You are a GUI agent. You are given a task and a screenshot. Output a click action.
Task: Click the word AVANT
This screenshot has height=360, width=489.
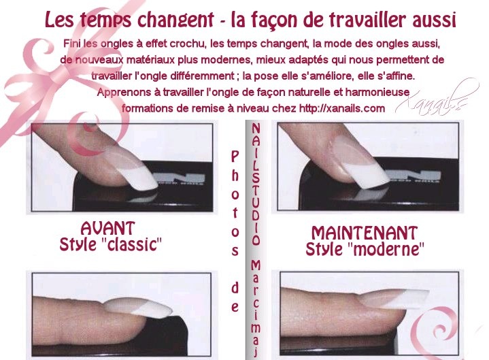[108, 228]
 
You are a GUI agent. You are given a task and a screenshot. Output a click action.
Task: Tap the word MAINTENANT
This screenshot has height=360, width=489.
[365, 233]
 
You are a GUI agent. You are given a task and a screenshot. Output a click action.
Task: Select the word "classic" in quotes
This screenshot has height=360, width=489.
[132, 244]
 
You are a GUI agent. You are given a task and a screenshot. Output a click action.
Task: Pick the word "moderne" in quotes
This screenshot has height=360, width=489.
[386, 249]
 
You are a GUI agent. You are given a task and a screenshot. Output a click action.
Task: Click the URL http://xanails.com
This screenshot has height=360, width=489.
[342, 108]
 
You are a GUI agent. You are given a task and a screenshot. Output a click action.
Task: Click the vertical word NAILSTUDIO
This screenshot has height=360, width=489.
[256, 184]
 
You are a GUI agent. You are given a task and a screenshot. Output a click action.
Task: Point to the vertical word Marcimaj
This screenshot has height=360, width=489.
[256, 308]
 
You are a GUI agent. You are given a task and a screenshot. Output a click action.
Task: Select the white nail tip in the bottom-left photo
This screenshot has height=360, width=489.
[154, 309]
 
